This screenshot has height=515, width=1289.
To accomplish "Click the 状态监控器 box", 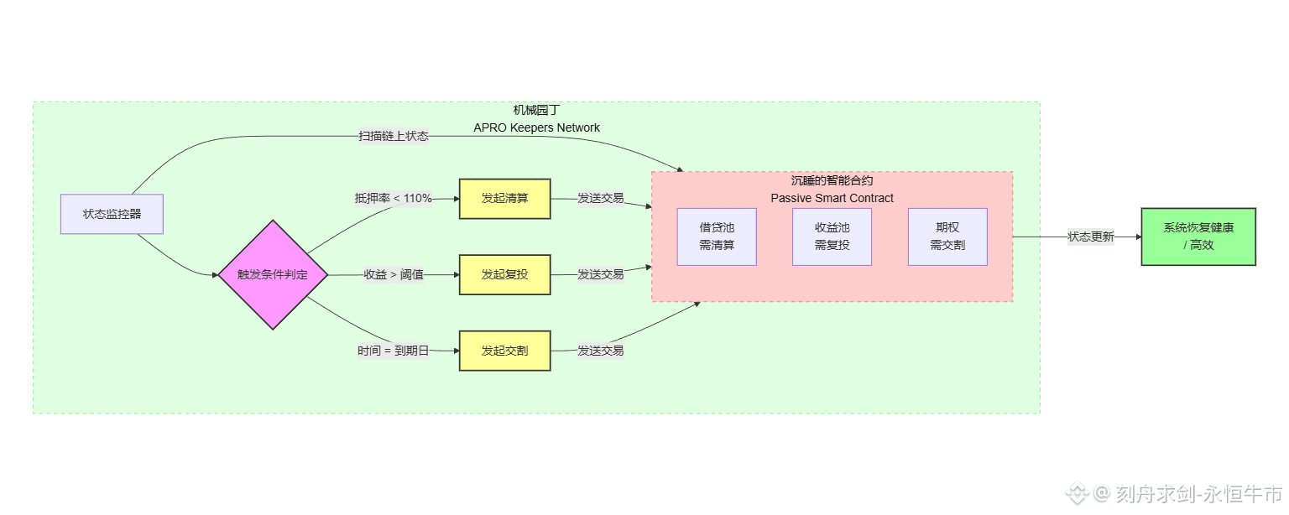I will (x=112, y=214).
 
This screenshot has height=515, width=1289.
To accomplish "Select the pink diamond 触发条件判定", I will (x=273, y=274).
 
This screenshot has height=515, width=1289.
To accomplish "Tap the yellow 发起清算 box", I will (x=504, y=199).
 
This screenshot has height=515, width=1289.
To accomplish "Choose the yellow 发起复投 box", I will (x=504, y=274).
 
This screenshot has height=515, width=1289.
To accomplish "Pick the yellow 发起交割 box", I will (x=504, y=351).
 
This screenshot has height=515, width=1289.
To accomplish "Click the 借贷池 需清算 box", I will (x=717, y=237).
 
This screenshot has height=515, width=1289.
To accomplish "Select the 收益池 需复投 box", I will (x=832, y=237).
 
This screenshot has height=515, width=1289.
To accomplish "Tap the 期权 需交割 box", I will (x=947, y=237).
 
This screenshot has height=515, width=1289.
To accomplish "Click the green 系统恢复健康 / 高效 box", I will (x=1198, y=237).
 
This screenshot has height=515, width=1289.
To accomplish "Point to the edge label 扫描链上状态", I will (x=394, y=136).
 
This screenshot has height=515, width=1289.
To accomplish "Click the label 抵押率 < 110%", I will (x=394, y=199).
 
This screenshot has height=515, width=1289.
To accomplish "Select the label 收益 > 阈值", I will (x=394, y=274).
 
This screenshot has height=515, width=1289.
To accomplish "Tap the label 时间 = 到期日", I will (x=394, y=351).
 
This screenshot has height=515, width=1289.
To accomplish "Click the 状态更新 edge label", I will (x=1091, y=237).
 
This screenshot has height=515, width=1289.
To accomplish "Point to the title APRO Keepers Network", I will (x=537, y=127).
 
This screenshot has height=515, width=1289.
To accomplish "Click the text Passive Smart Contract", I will (x=832, y=198).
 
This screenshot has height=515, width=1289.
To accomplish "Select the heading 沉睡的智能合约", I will (x=832, y=180).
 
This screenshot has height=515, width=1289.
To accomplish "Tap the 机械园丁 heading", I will (x=537, y=110).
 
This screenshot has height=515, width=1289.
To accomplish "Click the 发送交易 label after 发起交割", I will (x=601, y=351).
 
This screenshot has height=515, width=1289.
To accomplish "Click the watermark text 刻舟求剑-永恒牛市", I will (x=1200, y=493).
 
